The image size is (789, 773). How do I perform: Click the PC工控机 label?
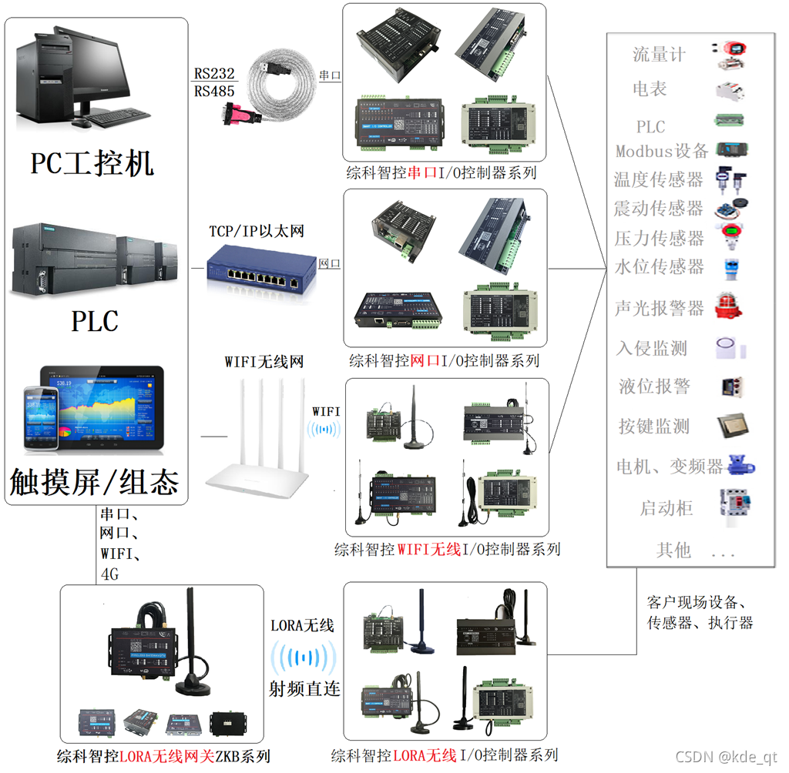tap(92, 163)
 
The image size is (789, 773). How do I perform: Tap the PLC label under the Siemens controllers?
tap(96, 320)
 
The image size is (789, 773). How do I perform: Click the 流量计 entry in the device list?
tap(659, 54)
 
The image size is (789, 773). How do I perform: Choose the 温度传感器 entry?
tap(659, 179)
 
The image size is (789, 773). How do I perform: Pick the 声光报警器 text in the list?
tap(660, 308)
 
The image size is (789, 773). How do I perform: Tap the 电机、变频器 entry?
tap(670, 466)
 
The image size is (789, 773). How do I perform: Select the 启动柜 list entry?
tap(666, 507)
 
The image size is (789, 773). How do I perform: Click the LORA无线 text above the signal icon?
tap(302, 625)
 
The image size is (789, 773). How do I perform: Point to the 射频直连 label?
tap(304, 688)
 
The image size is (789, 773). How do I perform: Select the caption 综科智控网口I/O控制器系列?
tap(444, 360)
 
